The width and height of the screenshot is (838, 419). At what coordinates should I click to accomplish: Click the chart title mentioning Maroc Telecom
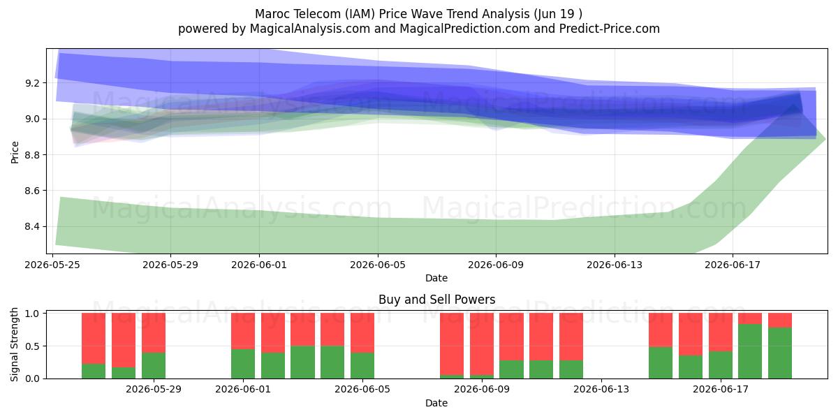tap(418, 14)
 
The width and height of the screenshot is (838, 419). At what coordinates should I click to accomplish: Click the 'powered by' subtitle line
tap(418, 29)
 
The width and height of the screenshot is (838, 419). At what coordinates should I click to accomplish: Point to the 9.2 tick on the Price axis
tap(32, 83)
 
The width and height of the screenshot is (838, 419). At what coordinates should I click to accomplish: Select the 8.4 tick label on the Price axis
tap(32, 227)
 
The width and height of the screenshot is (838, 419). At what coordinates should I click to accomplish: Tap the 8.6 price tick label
tap(32, 191)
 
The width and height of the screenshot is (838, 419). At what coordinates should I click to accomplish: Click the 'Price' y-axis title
tap(15, 152)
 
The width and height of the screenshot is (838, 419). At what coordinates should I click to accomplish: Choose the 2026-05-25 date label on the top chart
tap(52, 265)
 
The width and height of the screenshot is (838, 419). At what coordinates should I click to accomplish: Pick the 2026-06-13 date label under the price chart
tap(615, 265)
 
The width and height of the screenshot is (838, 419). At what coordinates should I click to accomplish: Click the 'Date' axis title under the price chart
tap(436, 278)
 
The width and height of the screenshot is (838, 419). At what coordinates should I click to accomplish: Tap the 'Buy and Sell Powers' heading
tap(436, 300)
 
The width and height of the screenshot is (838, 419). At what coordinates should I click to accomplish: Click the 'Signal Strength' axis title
tap(14, 344)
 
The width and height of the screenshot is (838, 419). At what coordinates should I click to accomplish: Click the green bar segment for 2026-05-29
tap(154, 365)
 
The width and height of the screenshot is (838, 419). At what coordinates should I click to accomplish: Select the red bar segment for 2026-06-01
tap(243, 331)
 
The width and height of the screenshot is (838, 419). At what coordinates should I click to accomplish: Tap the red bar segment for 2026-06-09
tap(482, 344)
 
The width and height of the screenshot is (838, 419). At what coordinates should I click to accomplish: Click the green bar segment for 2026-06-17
tap(721, 365)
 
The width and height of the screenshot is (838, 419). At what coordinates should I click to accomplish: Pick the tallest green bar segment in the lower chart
tap(750, 351)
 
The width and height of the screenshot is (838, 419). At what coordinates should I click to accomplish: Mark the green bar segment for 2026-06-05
tap(362, 365)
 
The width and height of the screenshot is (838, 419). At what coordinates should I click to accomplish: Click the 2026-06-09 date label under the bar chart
tap(482, 390)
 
